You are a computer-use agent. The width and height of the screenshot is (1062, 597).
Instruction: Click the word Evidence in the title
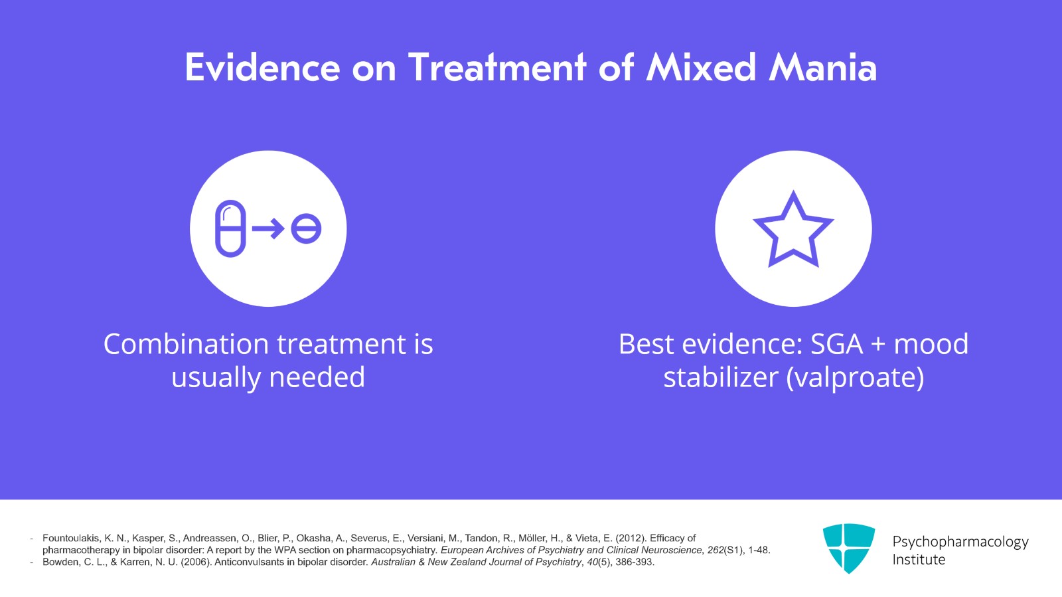tap(262, 68)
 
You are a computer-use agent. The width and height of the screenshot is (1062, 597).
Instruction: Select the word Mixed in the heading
tap(701, 68)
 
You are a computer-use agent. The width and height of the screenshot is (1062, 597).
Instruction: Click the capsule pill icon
tap(230, 228)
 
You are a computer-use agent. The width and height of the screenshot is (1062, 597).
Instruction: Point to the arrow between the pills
tap(268, 229)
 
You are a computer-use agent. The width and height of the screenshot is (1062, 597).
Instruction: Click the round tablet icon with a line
tap(306, 229)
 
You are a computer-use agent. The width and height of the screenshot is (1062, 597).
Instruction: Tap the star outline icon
tap(793, 230)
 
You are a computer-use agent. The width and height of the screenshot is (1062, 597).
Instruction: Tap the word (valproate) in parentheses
tap(855, 377)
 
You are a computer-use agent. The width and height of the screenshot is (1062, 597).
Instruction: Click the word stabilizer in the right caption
tap(720, 377)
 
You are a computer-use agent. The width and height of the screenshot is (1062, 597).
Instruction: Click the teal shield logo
tap(848, 548)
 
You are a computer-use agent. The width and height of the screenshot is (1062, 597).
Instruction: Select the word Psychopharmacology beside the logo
tap(960, 542)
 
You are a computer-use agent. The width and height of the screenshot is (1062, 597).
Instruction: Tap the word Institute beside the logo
tap(919, 560)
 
